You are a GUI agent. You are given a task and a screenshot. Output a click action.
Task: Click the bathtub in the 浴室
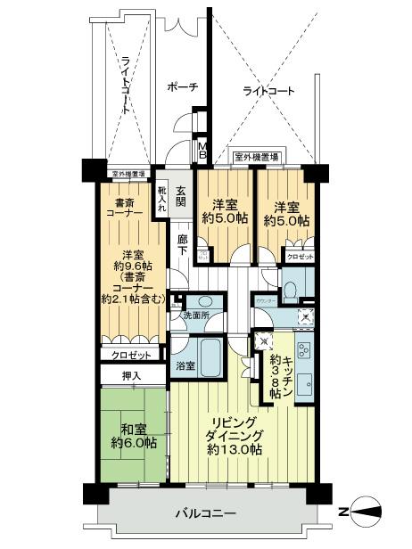coord(209,357)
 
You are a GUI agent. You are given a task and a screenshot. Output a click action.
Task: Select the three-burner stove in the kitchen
coord(301,350)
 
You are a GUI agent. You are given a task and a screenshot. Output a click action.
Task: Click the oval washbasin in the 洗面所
coord(203,301)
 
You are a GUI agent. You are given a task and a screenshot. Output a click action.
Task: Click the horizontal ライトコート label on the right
coord(268,91)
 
